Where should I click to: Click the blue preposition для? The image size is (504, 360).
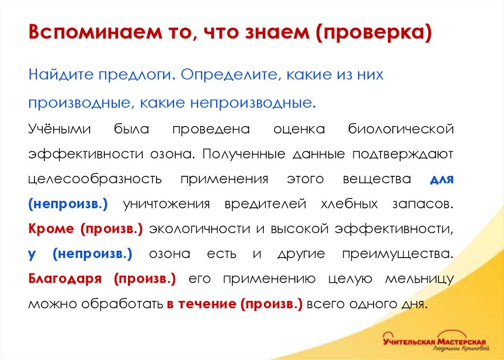point(441,179)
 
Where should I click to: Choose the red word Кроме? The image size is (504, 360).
point(51,229)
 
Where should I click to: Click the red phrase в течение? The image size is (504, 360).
point(202,303)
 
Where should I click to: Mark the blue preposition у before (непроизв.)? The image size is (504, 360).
point(31,254)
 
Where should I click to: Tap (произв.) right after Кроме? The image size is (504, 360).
point(112,229)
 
